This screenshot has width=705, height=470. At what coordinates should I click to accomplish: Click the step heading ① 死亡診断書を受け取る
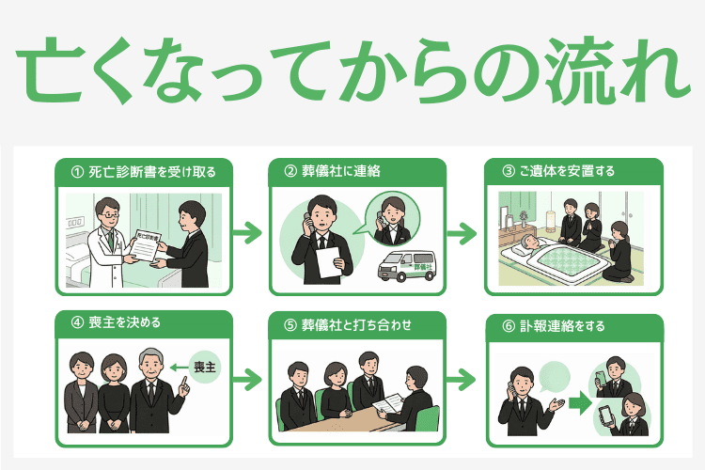(143, 172)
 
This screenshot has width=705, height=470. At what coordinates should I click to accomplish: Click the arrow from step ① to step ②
(245, 231)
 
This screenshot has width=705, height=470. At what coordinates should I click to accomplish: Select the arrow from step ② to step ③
(460, 231)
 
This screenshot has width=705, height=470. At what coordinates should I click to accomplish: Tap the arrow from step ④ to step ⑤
(245, 380)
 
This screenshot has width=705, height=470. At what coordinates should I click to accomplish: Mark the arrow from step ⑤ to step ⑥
(460, 380)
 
